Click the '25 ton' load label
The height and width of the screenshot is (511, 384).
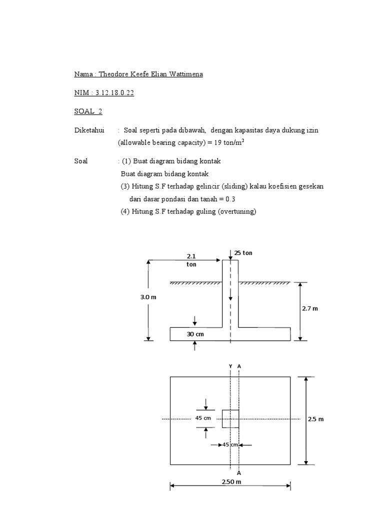[243, 253]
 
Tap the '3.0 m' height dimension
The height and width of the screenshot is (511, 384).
[148, 297]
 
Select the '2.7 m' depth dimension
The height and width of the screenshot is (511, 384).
[310, 308]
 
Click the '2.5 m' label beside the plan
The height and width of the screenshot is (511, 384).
[316, 419]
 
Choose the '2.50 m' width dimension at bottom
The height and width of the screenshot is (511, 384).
[231, 482]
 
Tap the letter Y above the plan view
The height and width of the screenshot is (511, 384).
[230, 366]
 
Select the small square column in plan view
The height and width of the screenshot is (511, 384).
[230, 419]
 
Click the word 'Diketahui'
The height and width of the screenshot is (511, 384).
[89, 130]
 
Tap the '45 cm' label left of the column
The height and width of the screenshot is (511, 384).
[202, 418]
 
